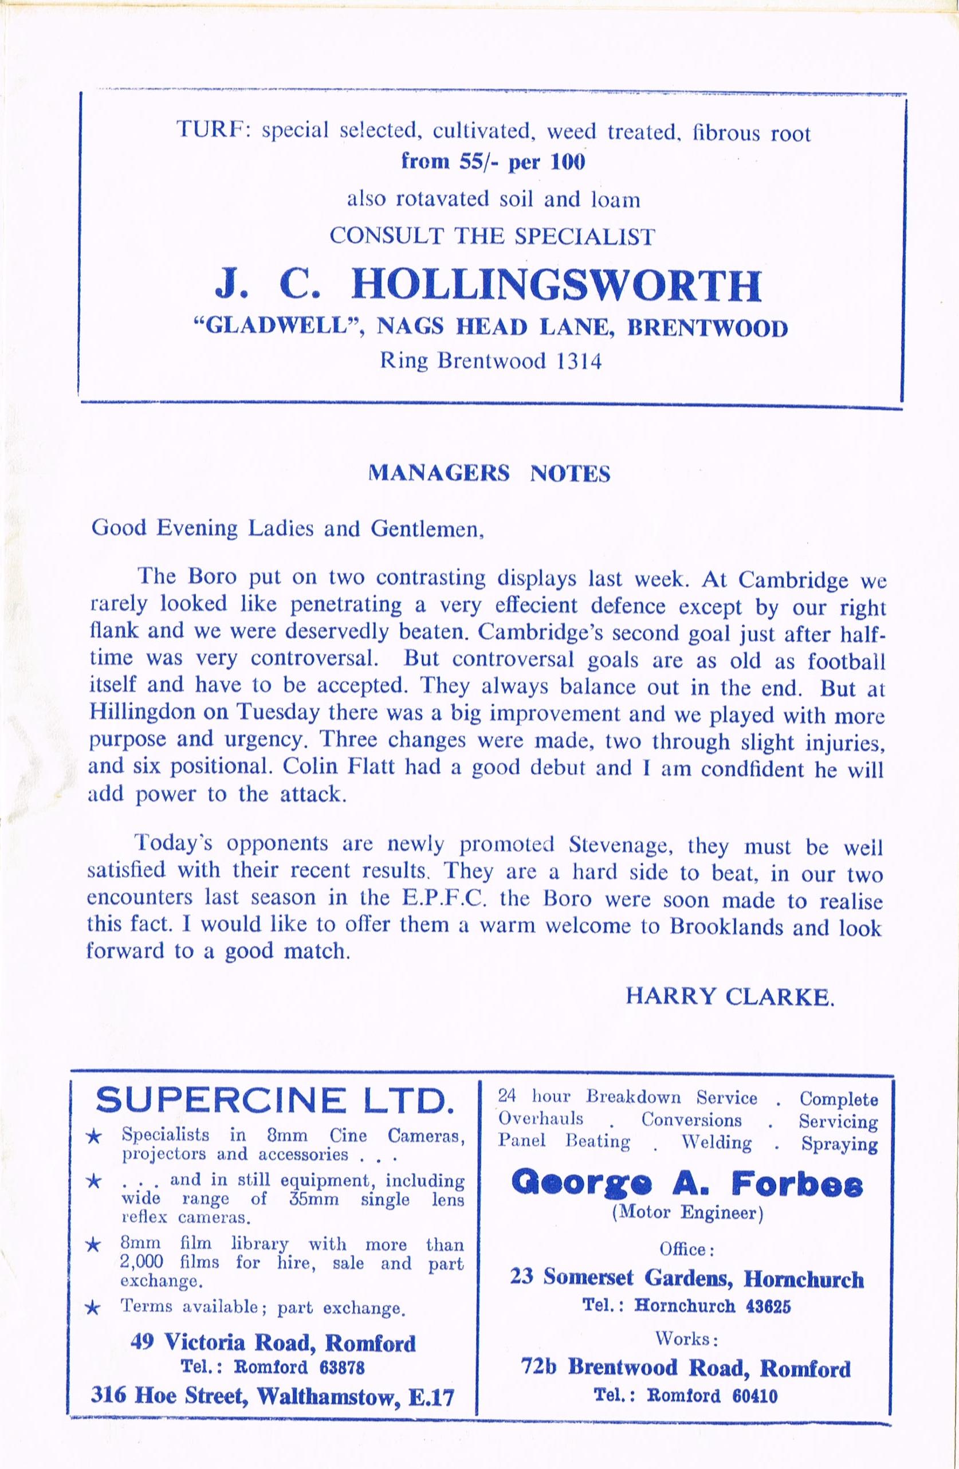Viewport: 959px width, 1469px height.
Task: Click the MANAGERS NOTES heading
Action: click(x=489, y=473)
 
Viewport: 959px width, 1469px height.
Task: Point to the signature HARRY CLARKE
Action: click(x=730, y=997)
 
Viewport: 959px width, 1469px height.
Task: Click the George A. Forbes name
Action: click(x=687, y=1183)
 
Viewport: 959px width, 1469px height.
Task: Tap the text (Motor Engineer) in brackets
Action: click(x=687, y=1213)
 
